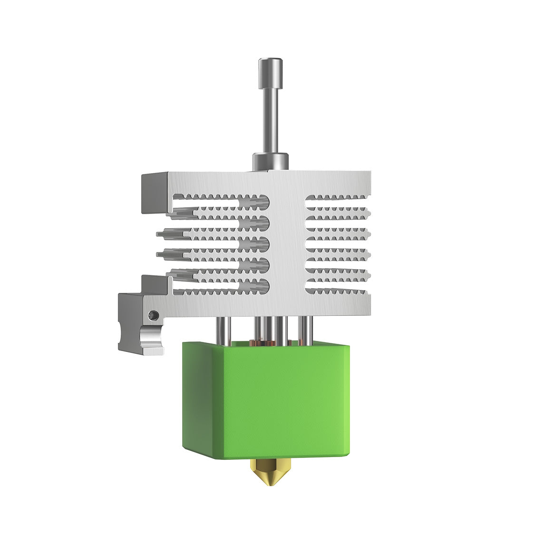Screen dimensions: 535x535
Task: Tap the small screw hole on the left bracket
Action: point(152,315)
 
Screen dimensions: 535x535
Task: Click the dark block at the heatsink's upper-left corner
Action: point(153,193)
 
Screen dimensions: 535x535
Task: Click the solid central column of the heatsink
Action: point(287,238)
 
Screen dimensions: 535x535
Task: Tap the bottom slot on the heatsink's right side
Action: point(335,291)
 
